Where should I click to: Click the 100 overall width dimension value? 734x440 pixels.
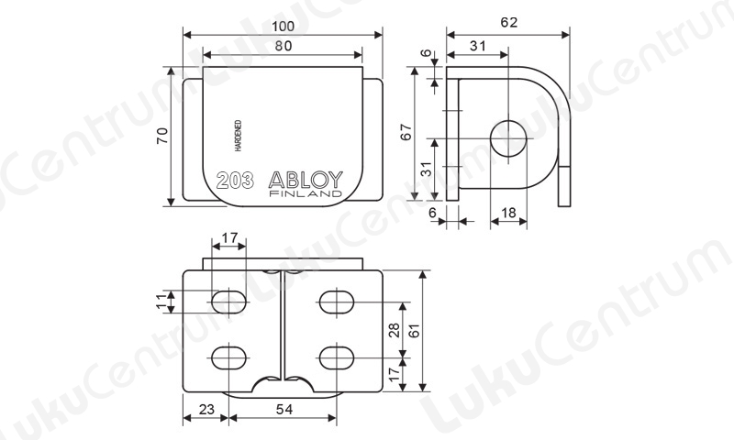(x=284, y=27)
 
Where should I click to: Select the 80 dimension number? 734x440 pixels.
(x=284, y=46)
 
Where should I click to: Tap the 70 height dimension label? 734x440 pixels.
(x=162, y=136)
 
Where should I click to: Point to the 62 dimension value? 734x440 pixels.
(x=509, y=22)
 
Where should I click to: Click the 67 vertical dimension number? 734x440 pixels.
(x=406, y=132)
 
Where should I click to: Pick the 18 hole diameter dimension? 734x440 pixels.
(x=508, y=214)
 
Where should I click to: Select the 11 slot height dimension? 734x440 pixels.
(x=161, y=302)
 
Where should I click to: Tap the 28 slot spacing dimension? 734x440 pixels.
(x=395, y=330)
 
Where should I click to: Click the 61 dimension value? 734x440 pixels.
(x=414, y=330)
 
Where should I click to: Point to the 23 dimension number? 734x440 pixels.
(x=206, y=410)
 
